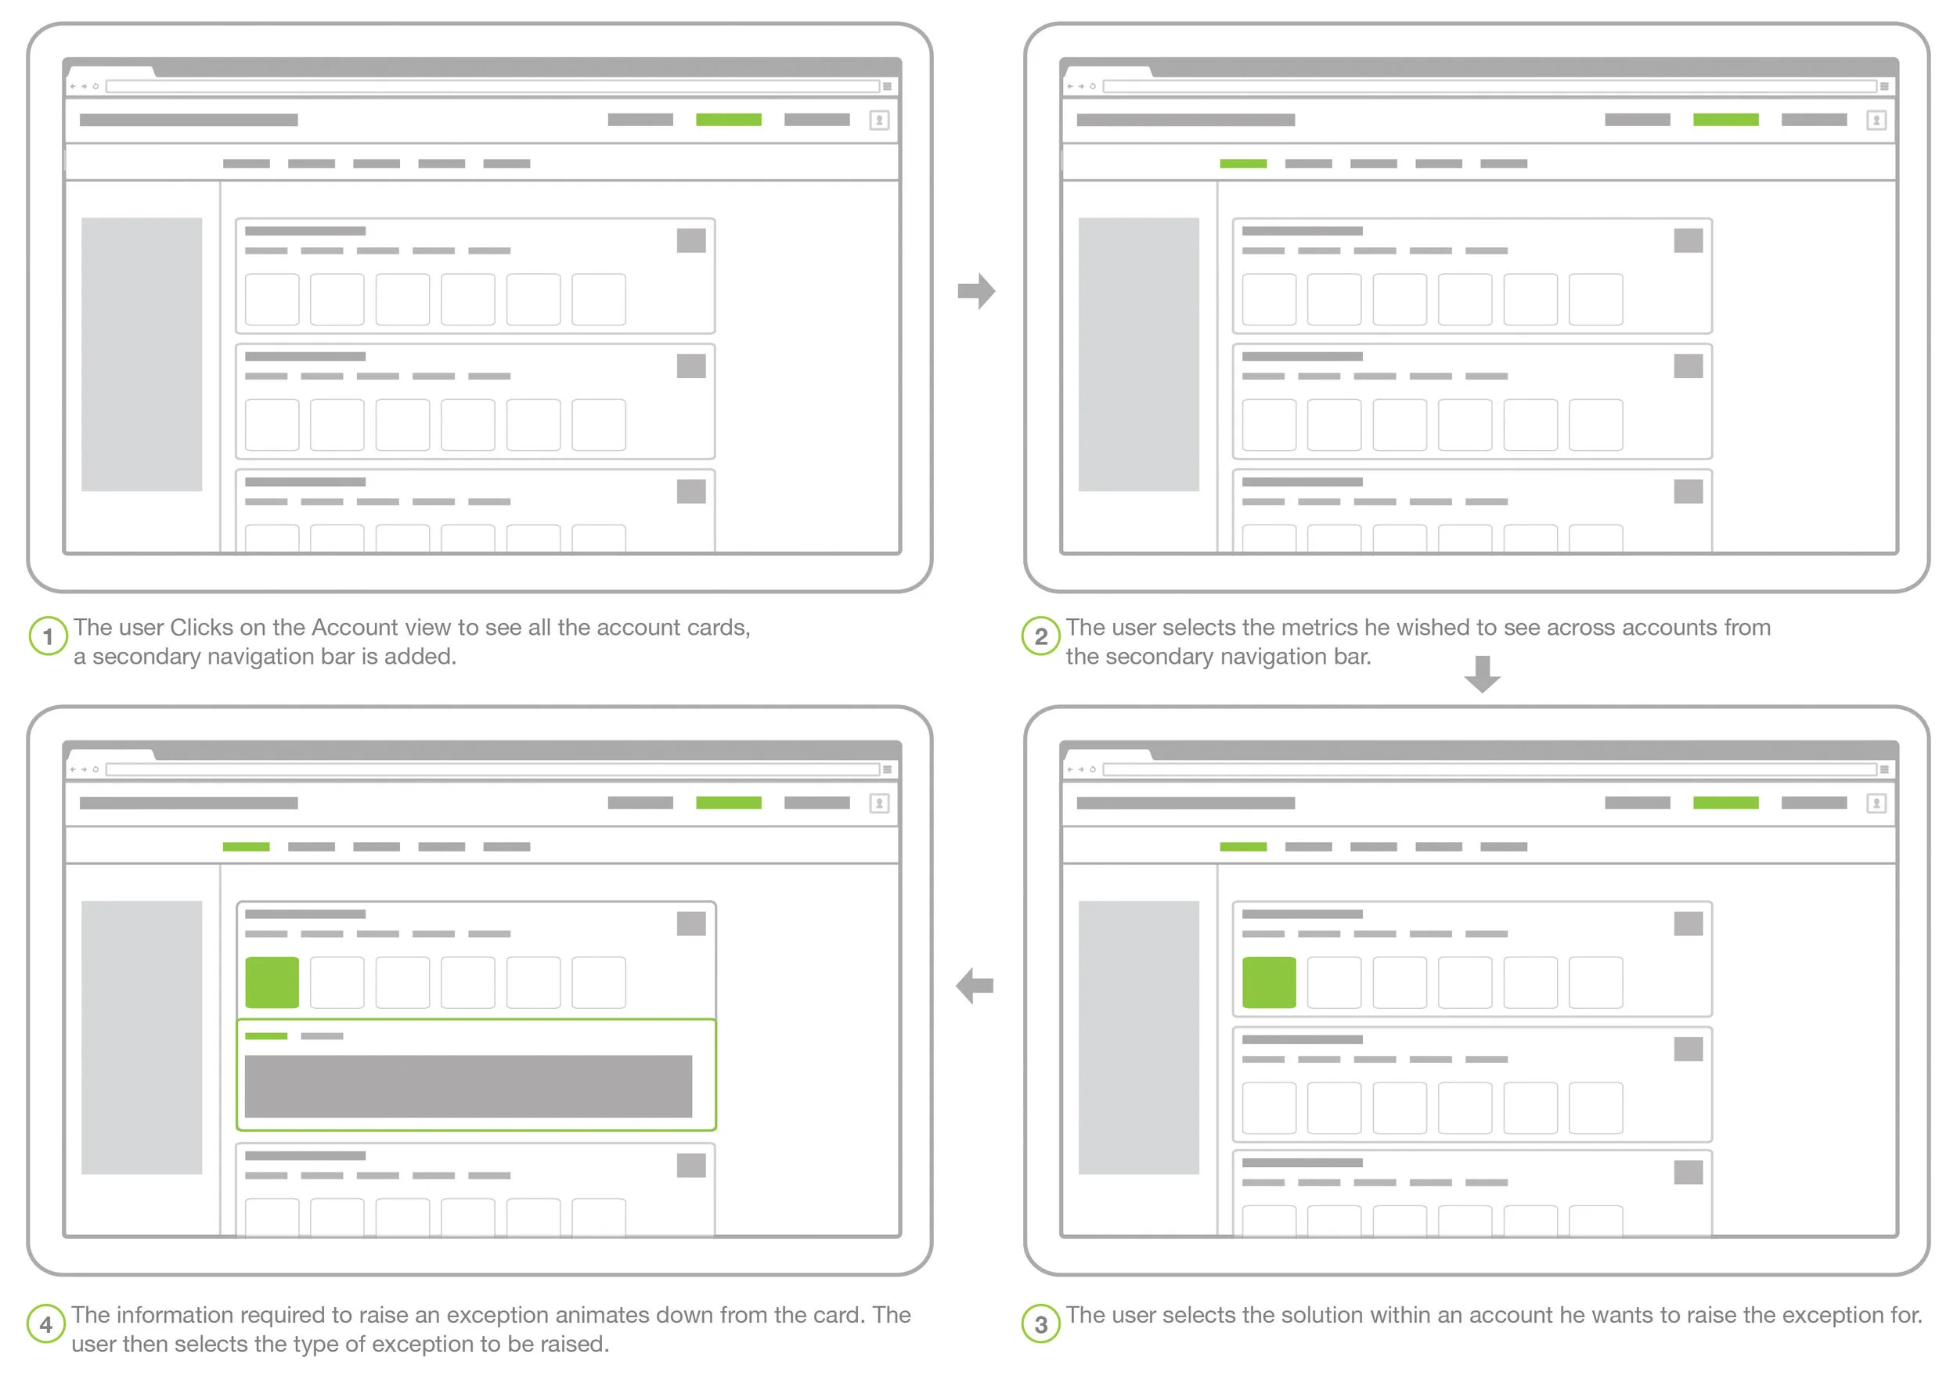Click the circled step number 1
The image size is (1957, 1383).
[x=48, y=636]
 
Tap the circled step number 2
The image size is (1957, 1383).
[x=1040, y=636]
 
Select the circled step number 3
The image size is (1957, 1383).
[x=1040, y=1324]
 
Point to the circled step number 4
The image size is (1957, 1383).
[x=46, y=1324]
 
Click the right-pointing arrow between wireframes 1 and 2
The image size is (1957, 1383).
[x=977, y=291]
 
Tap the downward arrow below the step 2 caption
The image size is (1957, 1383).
[x=1483, y=674]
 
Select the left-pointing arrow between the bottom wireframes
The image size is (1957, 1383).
[x=975, y=986]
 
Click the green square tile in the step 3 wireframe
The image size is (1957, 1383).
[x=1269, y=982]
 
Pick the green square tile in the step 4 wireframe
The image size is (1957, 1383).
[x=272, y=982]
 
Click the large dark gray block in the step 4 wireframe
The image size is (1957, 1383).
[x=468, y=1086]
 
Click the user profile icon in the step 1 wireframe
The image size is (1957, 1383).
[x=880, y=121]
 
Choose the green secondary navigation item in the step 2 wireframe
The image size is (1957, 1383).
[x=1244, y=164]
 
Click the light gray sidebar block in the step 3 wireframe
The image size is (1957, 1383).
[x=1139, y=1038]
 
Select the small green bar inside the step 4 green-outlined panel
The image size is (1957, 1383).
[x=266, y=1036]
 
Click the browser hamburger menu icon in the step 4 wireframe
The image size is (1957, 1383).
[x=887, y=769]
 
